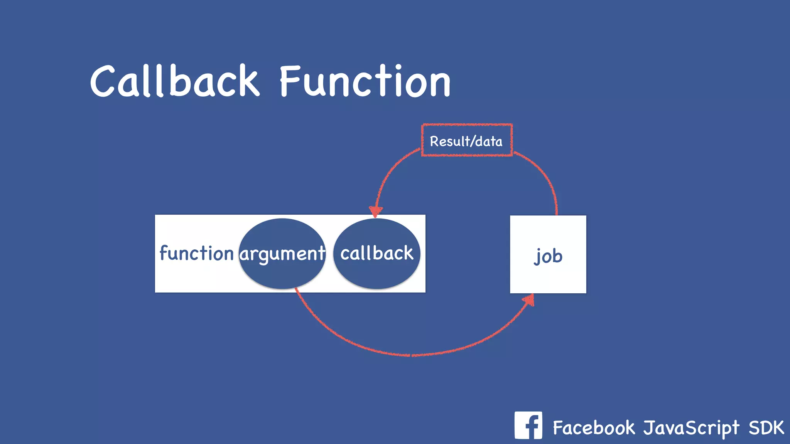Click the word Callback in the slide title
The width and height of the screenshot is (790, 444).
(x=175, y=81)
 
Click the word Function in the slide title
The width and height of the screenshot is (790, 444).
(x=365, y=81)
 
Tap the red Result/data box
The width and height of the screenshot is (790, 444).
(x=467, y=140)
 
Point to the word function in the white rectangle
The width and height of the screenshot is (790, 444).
(x=197, y=253)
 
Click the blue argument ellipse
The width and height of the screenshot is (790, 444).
(x=282, y=270)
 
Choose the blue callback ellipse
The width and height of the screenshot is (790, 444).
(x=376, y=270)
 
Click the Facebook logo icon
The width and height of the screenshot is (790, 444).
(x=528, y=425)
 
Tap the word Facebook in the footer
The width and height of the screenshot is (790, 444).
(x=594, y=427)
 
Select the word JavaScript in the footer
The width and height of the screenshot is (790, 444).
(x=691, y=428)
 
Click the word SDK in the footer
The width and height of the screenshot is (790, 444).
(x=766, y=427)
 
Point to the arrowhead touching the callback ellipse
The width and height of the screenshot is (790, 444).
(x=375, y=211)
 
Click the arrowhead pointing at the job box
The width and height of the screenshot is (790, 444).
(x=529, y=300)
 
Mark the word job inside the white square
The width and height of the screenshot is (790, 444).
(x=548, y=256)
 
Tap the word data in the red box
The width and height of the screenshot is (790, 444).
(x=489, y=141)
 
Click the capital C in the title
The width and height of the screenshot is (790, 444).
(x=103, y=81)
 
